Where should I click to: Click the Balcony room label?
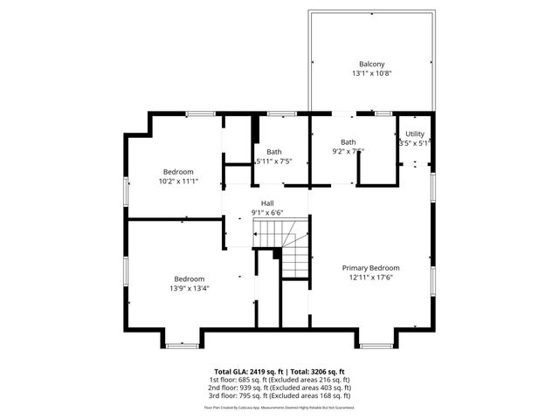[x=371, y=64]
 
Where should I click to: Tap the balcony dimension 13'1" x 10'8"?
[x=371, y=73]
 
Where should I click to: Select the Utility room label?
[x=415, y=134]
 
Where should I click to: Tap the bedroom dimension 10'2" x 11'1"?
[x=178, y=182]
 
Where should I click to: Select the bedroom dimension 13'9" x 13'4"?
[x=190, y=288]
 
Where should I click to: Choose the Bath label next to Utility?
[x=349, y=142]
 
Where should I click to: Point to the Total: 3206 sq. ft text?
[x=317, y=372]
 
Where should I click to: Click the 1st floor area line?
[x=279, y=380]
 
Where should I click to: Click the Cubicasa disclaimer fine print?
[x=279, y=407]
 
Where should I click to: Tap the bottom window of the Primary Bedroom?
[x=376, y=346]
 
